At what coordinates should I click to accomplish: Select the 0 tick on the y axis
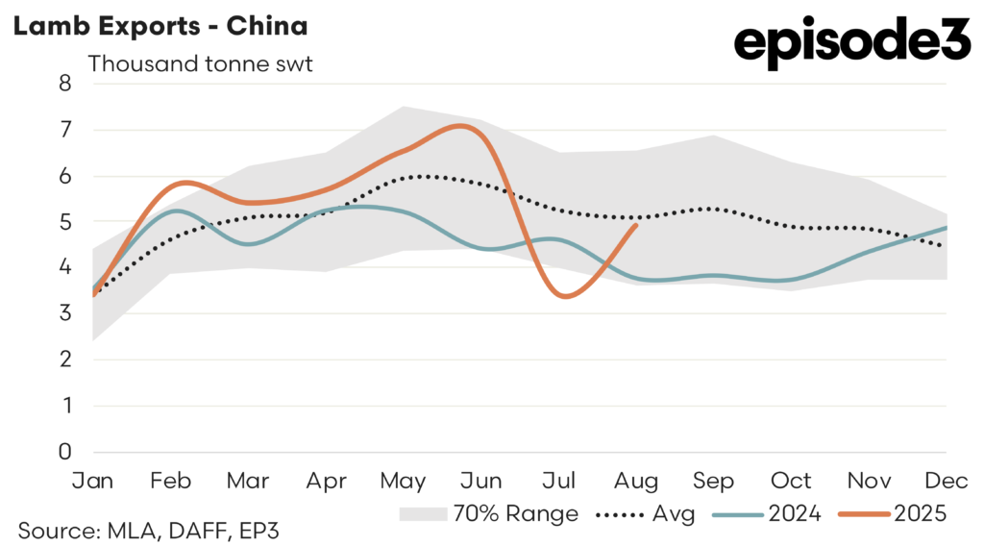pos(65,452)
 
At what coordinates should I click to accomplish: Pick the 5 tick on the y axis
pos(65,221)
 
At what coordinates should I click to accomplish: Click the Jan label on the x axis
pos(93,480)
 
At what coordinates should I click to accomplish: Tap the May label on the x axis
pos(404,480)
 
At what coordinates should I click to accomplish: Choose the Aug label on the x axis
pos(636,480)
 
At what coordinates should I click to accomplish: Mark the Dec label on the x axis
pos(946,480)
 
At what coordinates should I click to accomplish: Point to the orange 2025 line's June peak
pos(463,125)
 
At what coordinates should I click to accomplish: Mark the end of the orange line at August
pos(636,225)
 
